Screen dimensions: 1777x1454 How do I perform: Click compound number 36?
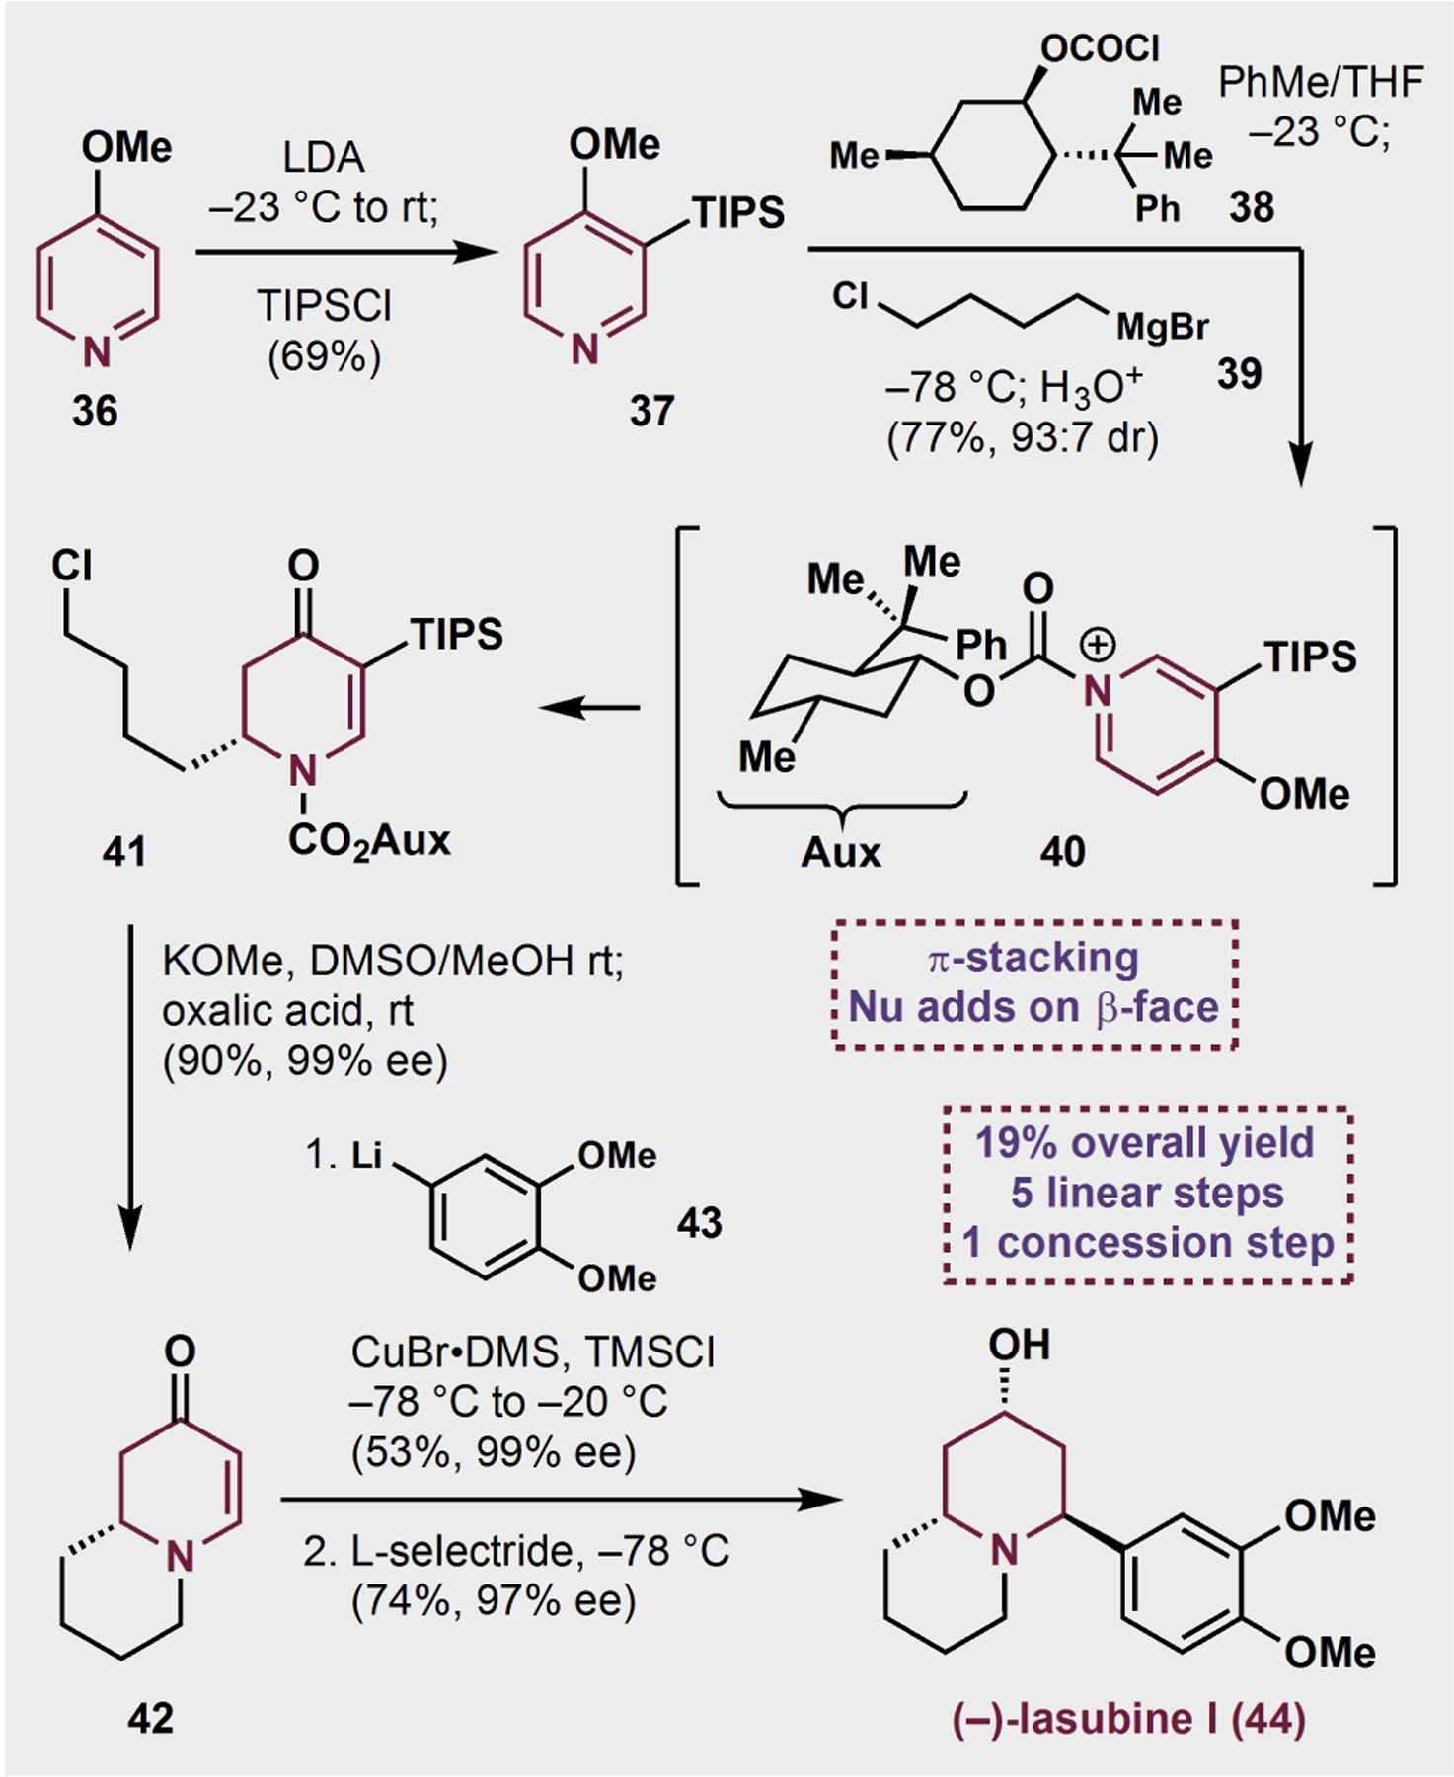[x=95, y=410]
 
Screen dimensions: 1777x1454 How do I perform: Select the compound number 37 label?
[x=651, y=410]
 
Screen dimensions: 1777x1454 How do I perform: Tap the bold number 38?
[x=1251, y=207]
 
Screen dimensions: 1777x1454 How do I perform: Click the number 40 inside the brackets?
[x=1061, y=851]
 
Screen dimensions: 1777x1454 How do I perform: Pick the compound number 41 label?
[x=124, y=851]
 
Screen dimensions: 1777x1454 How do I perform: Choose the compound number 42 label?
[x=150, y=1719]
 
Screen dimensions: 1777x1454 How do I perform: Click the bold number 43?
[x=699, y=1223]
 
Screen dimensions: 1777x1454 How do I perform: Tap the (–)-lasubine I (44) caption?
[x=1128, y=1719]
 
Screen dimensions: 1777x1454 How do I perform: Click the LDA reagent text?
[x=323, y=158]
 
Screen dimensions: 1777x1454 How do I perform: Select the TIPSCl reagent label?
[x=324, y=306]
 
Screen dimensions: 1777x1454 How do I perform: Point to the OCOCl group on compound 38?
[x=1100, y=47]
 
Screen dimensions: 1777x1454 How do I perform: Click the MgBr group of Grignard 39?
[x=1162, y=327]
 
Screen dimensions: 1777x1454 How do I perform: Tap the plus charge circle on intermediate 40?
[x=1097, y=645]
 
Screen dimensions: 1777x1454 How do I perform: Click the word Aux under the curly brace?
[x=840, y=851]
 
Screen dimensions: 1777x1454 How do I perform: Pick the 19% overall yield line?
[x=1144, y=1142]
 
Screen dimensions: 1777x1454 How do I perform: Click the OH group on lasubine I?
[x=1019, y=1345]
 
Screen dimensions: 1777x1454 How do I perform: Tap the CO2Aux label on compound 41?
[x=369, y=841]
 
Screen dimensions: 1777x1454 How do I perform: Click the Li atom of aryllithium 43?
[x=366, y=1154]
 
